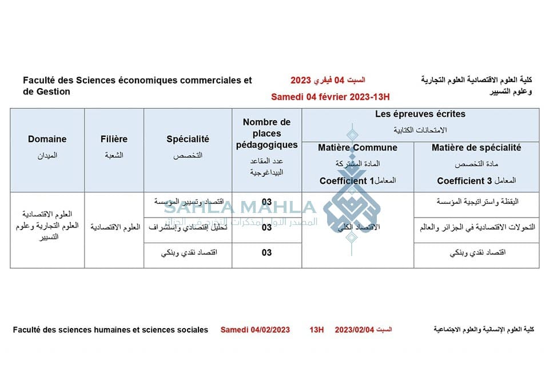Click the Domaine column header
click(x=47, y=139)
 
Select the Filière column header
click(x=114, y=139)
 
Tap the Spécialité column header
click(x=188, y=139)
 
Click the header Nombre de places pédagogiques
click(x=266, y=133)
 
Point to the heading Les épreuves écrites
click(x=420, y=114)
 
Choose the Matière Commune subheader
click(x=357, y=148)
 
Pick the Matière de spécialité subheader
click(x=476, y=148)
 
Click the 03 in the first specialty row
click(x=266, y=202)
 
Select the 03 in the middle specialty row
click(x=266, y=227)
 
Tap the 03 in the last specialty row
click(x=266, y=252)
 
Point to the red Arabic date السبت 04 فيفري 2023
click(x=328, y=80)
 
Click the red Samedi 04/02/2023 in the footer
click(x=255, y=330)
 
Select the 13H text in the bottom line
click(x=316, y=330)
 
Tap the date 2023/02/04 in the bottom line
click(x=354, y=330)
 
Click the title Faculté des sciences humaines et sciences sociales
click(x=110, y=330)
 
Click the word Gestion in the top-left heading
click(x=53, y=92)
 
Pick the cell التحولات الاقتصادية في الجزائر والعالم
click(x=476, y=227)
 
